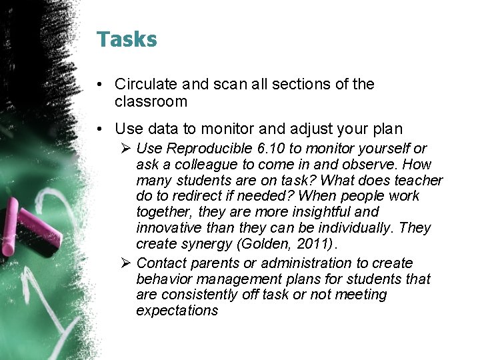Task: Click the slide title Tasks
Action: tap(127, 39)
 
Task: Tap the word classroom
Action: tap(151, 101)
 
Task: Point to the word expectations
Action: tap(177, 311)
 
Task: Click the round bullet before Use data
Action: tap(98, 127)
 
